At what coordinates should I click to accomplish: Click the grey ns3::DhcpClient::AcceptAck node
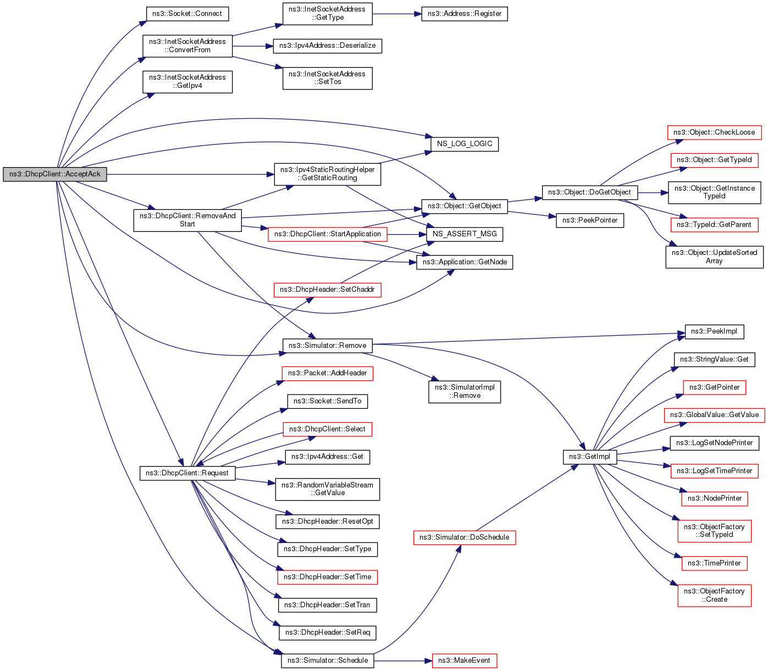pos(55,174)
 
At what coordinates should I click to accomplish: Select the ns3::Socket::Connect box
pos(187,14)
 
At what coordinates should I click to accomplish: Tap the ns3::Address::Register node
pos(464,14)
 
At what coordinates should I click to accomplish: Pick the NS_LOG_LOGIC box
pos(465,144)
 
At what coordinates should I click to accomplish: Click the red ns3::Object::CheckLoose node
pos(714,132)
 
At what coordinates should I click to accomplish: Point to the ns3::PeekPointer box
pos(590,220)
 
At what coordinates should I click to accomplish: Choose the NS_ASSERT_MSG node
pos(465,234)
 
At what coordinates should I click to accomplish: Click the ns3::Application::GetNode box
pos(465,262)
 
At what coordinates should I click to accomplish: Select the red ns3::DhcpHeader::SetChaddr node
pos(327,290)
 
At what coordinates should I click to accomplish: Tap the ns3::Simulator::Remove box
pos(327,346)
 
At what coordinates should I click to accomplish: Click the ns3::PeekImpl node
pos(714,331)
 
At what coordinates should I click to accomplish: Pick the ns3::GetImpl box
pos(589,457)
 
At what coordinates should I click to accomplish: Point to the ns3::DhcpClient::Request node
pos(187,473)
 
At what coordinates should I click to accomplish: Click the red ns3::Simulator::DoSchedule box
pos(465,537)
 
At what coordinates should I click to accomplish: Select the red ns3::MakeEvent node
pos(465,661)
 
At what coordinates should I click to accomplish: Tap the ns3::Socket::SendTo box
pos(327,401)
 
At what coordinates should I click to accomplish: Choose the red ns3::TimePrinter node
pos(714,563)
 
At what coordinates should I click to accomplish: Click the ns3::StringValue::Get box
pos(714,359)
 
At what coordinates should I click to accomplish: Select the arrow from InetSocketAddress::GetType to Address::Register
pos(396,14)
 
